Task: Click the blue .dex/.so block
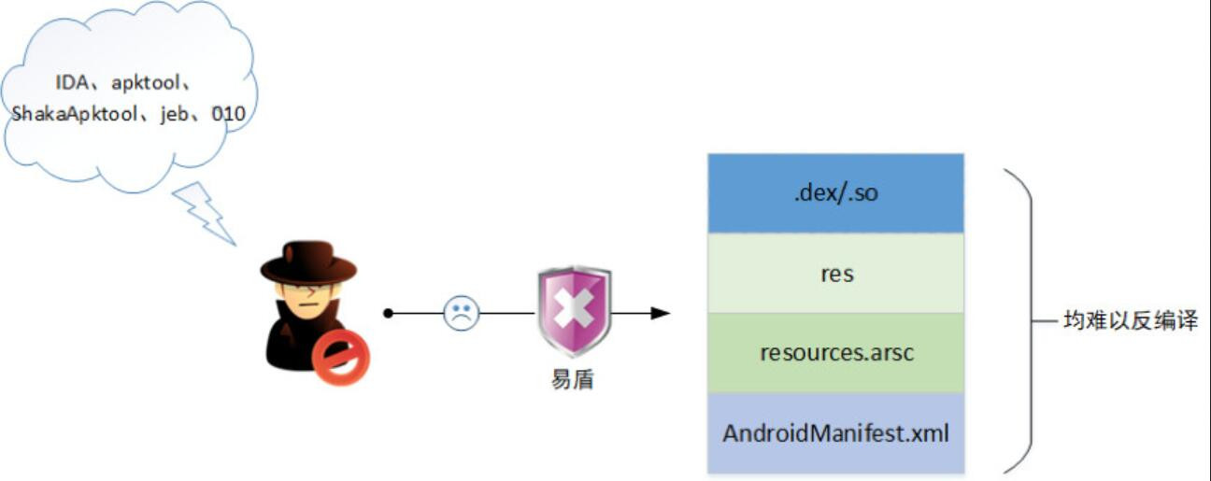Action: click(x=834, y=193)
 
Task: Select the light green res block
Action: click(x=834, y=274)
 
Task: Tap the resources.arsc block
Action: click(x=834, y=353)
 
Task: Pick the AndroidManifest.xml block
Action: click(x=834, y=433)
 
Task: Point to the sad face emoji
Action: click(x=460, y=313)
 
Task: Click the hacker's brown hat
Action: click(x=308, y=262)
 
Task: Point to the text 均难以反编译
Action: click(x=1130, y=321)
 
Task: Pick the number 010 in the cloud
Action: click(x=228, y=114)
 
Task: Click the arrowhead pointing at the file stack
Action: click(x=661, y=313)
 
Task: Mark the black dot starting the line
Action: click(x=388, y=313)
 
